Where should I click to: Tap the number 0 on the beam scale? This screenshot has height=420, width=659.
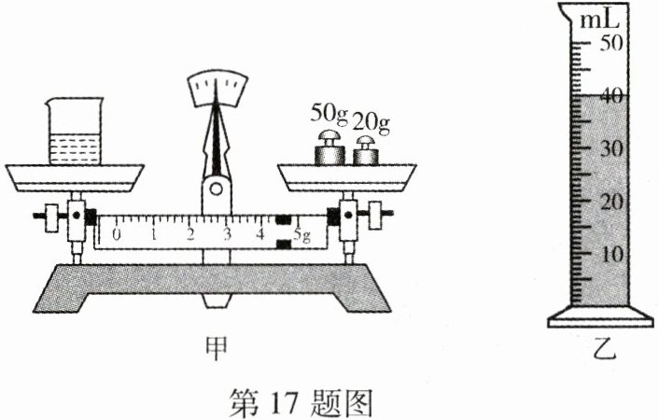coord(117,234)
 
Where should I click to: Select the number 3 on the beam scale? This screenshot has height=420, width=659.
coord(227,234)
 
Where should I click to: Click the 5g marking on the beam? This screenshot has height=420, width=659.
coord(302,234)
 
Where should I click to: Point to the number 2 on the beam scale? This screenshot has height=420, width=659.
coord(190,234)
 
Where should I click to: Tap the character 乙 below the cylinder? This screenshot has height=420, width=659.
coord(603,352)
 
